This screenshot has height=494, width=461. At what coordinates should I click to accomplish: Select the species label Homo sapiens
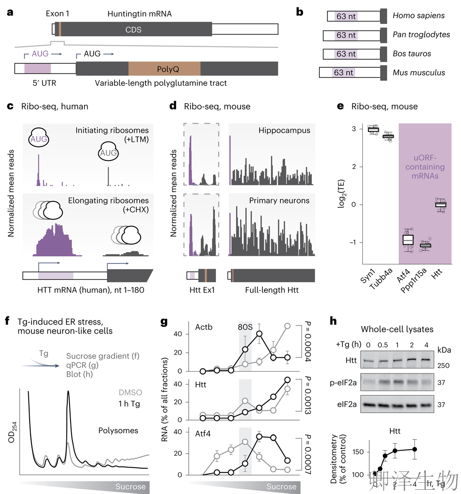point(419,16)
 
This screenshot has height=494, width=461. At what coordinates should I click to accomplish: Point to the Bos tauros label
point(412,54)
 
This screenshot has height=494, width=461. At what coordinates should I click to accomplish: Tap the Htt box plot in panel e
point(440,205)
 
